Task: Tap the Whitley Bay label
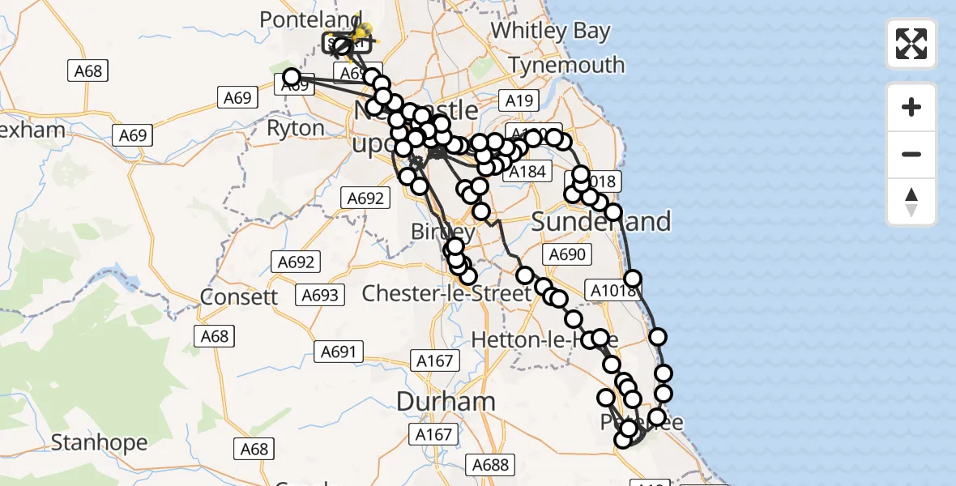tap(550, 32)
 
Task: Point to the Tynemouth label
tap(566, 65)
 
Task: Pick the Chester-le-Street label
tap(446, 292)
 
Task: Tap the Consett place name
tap(239, 296)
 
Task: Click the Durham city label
tap(446, 401)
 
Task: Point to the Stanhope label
tap(99, 442)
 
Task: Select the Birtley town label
tap(444, 232)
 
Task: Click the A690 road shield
tap(566, 254)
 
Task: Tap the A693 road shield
tap(319, 295)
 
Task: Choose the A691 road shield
tap(339, 352)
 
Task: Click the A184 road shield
tap(527, 172)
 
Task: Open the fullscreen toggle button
tap(911, 44)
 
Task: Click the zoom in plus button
tap(911, 107)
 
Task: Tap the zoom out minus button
tap(911, 154)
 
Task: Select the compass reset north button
tap(911, 202)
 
